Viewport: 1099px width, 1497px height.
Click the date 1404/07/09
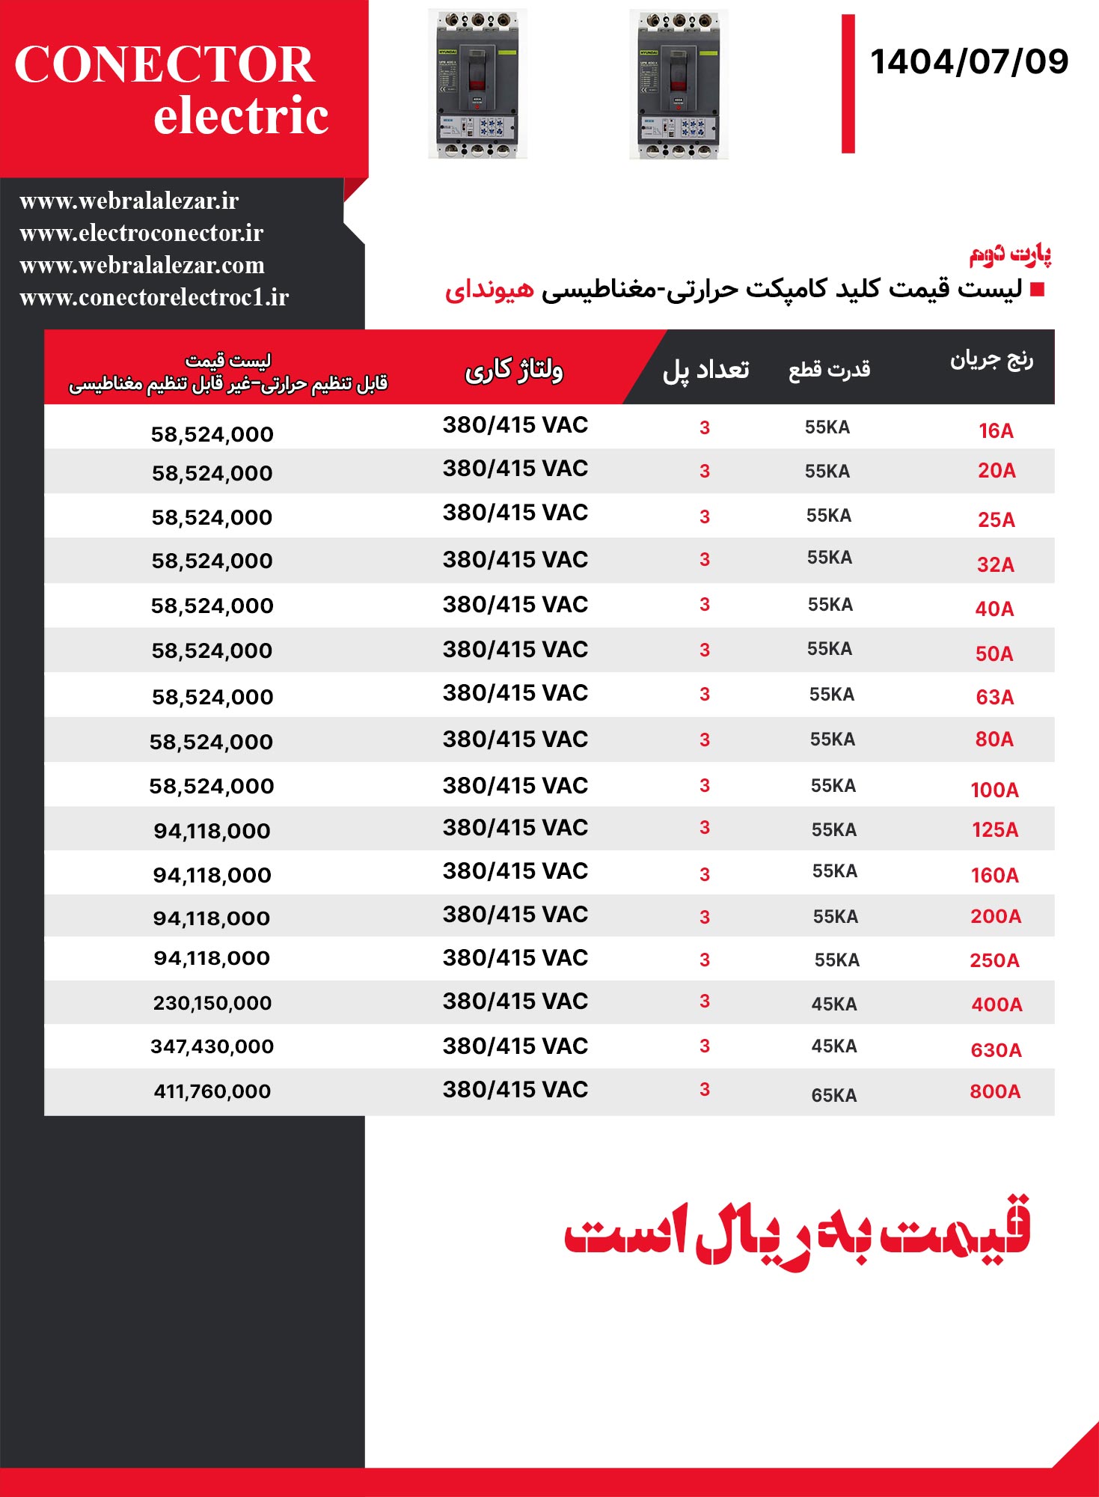point(969,61)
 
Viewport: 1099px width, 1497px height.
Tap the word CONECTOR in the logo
point(165,64)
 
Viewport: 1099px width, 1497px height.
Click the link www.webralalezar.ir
point(129,201)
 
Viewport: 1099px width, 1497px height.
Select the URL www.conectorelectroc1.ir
point(154,298)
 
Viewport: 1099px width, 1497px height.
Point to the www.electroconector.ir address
point(141,234)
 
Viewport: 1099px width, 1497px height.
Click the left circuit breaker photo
point(477,84)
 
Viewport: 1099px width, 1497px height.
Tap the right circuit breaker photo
point(679,84)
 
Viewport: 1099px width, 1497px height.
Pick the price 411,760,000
point(212,1091)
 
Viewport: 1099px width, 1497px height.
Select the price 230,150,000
point(212,1003)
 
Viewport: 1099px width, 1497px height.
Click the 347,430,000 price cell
point(212,1046)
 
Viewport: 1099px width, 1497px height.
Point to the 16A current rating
point(996,431)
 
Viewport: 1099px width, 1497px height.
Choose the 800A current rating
point(995,1091)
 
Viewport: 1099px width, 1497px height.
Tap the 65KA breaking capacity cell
point(834,1095)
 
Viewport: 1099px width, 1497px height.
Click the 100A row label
point(994,790)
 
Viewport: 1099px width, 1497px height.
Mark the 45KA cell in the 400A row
point(834,1004)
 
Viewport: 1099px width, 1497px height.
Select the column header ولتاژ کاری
point(514,370)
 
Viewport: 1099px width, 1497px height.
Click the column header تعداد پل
point(705,370)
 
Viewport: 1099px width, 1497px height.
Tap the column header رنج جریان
point(991,361)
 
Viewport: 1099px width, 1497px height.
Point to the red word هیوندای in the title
point(489,289)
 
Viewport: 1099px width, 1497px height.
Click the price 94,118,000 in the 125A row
point(212,831)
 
